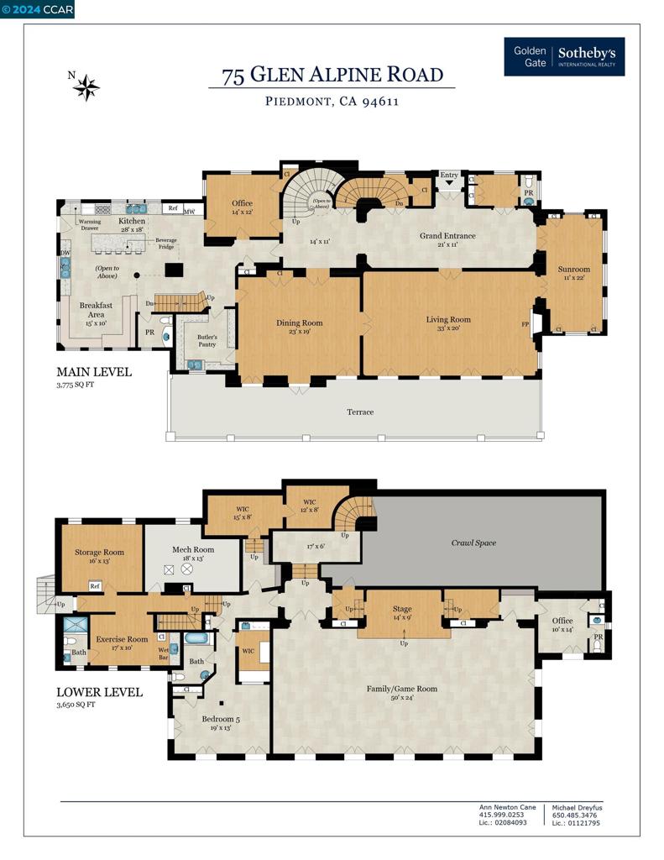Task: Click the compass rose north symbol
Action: [x=86, y=87]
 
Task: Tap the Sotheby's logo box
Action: [x=563, y=57]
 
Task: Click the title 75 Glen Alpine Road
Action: [x=332, y=75]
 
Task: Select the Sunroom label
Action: [x=574, y=270]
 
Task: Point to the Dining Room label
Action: [x=299, y=322]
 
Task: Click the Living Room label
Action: [x=448, y=319]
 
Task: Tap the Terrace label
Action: [x=360, y=412]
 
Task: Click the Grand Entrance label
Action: [x=447, y=236]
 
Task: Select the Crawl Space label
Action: [x=473, y=543]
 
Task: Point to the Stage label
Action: [x=402, y=609]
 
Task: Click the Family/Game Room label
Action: [x=402, y=689]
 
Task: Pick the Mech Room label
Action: [x=192, y=549]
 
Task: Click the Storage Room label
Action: [x=99, y=552]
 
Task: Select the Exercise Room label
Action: [x=122, y=639]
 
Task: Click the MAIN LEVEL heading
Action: [x=93, y=372]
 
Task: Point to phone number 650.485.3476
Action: [x=576, y=815]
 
